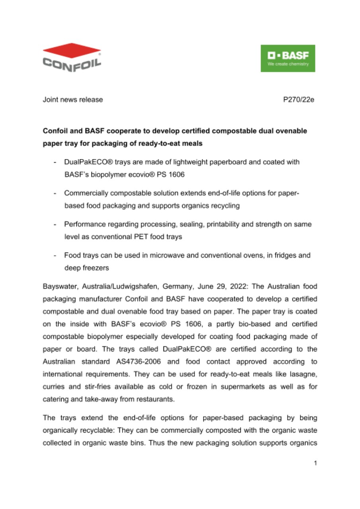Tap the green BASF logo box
[x=288, y=58]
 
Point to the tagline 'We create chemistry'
[x=288, y=64]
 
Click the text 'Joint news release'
[x=73, y=100]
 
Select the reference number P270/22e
[x=299, y=100]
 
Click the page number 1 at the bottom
[x=315, y=463]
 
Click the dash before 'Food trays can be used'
[x=54, y=255]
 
